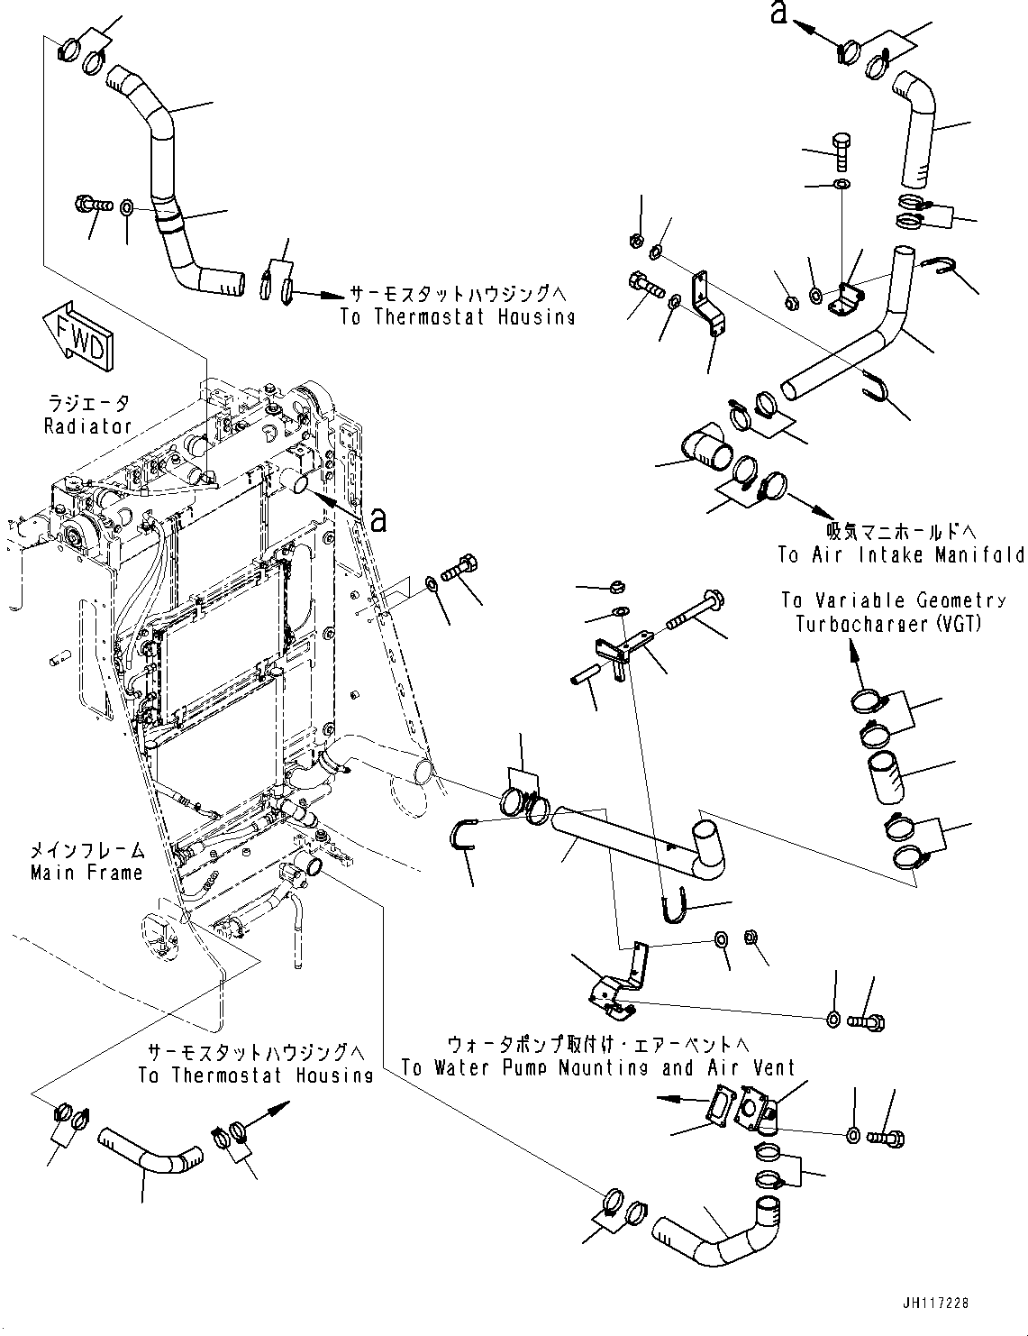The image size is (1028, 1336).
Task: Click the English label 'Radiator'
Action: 87,426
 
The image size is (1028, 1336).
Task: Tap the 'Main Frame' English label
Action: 86,873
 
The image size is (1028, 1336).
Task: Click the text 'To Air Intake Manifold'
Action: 901,554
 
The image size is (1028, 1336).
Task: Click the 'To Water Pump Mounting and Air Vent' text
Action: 598,1068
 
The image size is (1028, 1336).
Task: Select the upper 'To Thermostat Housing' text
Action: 457,316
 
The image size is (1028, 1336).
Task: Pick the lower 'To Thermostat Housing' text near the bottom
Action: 255,1075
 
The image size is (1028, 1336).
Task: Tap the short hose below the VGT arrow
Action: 883,777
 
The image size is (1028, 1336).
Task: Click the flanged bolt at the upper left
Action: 93,206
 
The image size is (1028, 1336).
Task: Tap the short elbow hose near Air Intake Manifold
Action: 705,448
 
